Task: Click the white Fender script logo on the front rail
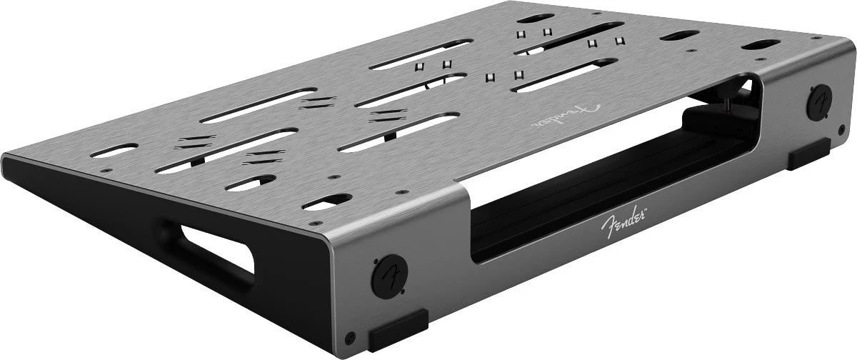623,221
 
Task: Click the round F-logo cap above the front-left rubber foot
389,276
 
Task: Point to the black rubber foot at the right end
808,154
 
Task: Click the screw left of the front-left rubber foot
350,338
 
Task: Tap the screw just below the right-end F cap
841,130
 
